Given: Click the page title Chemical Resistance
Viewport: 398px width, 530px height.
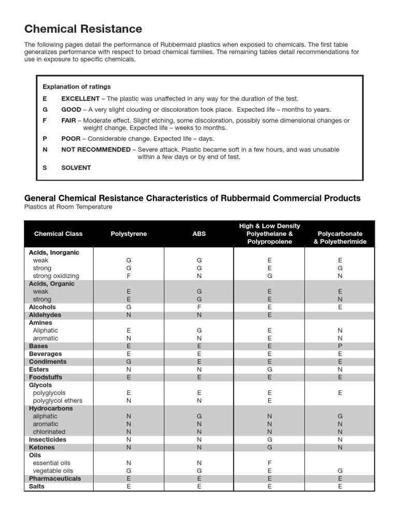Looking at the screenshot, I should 83,29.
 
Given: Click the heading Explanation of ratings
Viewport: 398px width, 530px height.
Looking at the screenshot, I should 77,86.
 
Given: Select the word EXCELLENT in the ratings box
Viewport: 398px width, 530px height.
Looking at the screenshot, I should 80,98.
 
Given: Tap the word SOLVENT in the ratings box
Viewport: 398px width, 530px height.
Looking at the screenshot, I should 76,168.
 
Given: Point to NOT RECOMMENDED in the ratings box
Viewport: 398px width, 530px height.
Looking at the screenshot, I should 96,150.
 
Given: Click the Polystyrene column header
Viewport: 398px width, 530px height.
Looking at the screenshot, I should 129,234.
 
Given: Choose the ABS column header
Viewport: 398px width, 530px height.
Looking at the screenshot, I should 199,234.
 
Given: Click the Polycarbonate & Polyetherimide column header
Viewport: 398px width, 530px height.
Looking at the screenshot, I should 340,238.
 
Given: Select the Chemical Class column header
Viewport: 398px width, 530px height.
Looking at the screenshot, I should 58,234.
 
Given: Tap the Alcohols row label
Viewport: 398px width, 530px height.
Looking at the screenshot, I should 42,307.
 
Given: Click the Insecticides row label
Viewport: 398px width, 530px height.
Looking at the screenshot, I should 48,439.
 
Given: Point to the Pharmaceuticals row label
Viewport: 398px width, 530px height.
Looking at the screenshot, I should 55,479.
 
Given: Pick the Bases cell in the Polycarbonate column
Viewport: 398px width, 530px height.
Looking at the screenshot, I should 340,346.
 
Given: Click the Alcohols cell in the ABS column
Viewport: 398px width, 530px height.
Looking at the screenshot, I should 199,307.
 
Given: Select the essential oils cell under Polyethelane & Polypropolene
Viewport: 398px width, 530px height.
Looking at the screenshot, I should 269,463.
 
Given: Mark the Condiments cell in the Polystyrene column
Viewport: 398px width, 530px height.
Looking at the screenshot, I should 129,362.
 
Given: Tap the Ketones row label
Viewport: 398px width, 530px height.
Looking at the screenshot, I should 42,447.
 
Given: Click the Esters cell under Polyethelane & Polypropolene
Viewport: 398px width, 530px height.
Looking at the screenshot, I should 269,370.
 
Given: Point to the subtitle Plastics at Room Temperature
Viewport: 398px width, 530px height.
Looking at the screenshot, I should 68,207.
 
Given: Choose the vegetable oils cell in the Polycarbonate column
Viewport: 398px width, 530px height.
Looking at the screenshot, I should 340,471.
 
